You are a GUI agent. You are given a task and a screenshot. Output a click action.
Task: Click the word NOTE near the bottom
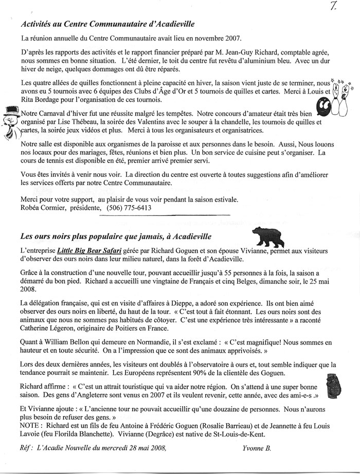pyautogui.click(x=32, y=426)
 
